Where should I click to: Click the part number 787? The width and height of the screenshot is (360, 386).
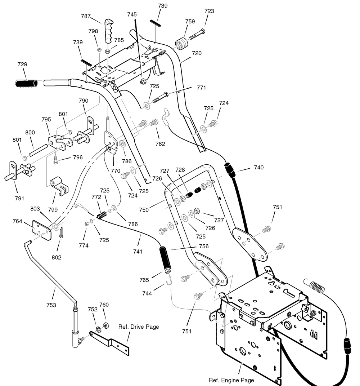86,16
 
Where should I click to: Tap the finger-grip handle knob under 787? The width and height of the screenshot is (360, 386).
109,31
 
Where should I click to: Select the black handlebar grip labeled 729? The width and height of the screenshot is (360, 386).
27,83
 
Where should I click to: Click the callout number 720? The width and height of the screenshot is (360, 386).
197,53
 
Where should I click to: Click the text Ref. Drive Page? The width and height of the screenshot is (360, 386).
139,327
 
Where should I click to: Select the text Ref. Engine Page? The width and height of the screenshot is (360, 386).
231,380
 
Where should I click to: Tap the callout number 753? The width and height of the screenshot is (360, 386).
51,305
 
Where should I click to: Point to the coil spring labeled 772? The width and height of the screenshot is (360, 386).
102,215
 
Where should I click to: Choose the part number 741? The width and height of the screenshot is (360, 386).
138,251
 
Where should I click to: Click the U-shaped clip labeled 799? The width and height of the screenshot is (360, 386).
59,186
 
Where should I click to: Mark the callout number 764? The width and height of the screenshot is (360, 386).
17,221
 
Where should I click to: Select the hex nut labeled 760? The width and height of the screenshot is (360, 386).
106,325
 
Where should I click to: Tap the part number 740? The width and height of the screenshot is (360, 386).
259,167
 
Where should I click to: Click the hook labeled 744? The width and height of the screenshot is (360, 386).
169,279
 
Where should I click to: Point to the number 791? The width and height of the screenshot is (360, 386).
19,199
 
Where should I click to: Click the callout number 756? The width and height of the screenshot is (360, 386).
204,246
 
